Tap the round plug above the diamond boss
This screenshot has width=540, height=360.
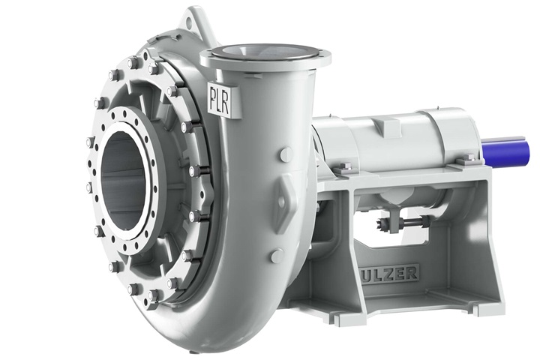point(286,154)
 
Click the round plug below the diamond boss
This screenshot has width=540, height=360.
point(277,256)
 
